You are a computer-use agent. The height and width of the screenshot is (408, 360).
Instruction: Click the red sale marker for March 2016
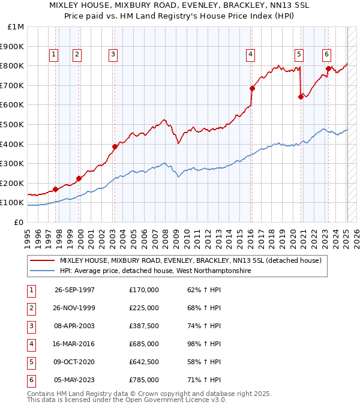[x=252, y=88]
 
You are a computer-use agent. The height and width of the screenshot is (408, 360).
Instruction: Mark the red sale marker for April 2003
[x=115, y=146]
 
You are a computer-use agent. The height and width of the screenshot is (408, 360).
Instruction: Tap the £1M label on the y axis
[x=16, y=26]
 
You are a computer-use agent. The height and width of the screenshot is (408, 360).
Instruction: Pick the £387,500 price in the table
[x=144, y=326]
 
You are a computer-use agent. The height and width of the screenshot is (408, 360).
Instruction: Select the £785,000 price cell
[x=144, y=380]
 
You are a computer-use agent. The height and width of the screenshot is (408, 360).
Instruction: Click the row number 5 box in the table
[x=30, y=362]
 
